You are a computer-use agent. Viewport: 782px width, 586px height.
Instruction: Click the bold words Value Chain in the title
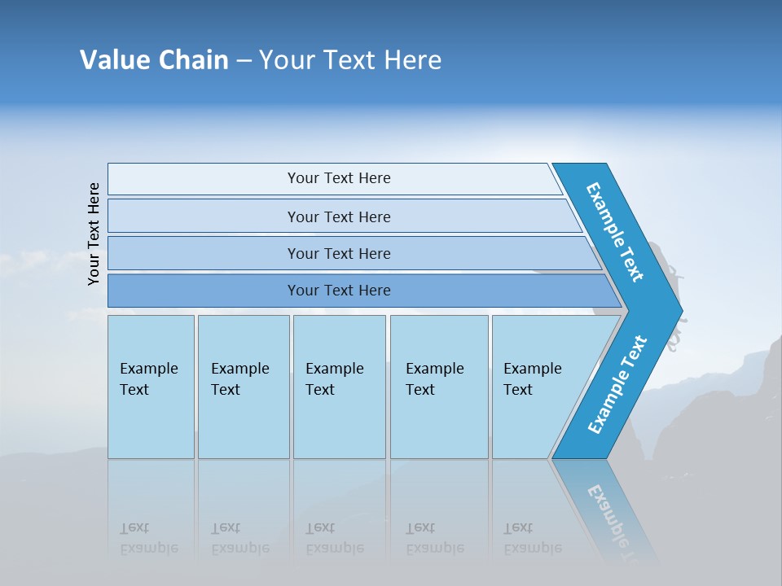point(154,60)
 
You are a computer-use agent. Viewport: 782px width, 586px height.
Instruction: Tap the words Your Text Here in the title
point(350,60)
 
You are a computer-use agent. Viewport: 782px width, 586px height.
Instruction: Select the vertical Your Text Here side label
point(94,234)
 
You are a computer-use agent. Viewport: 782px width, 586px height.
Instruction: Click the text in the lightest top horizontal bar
point(339,178)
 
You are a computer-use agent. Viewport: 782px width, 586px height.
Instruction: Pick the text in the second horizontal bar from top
point(339,217)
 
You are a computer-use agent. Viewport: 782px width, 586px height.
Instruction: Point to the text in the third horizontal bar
point(339,254)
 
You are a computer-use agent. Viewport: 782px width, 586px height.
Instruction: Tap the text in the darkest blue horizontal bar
point(339,291)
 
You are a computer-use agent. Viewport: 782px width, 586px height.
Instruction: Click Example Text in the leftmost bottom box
point(148,379)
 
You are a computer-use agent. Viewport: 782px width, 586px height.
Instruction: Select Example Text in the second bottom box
point(239,379)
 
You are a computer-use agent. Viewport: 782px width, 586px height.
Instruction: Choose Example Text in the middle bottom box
point(334,379)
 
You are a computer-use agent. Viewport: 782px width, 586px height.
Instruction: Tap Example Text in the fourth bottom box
point(434,379)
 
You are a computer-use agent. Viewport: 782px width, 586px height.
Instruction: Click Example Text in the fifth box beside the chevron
point(532,379)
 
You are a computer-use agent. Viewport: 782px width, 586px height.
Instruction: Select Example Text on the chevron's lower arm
point(617,385)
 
